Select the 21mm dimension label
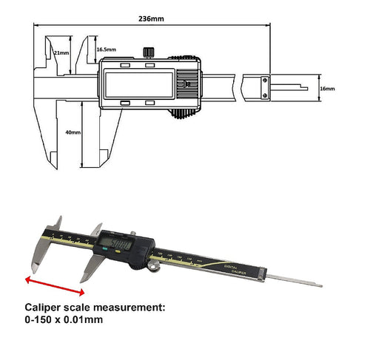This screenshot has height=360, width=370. tap(63, 52)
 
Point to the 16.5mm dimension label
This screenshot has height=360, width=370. tap(106, 49)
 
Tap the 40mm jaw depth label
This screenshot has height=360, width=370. tap(73, 134)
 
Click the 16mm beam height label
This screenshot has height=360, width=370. tap(327, 89)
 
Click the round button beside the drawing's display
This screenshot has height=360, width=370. tap(187, 84)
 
